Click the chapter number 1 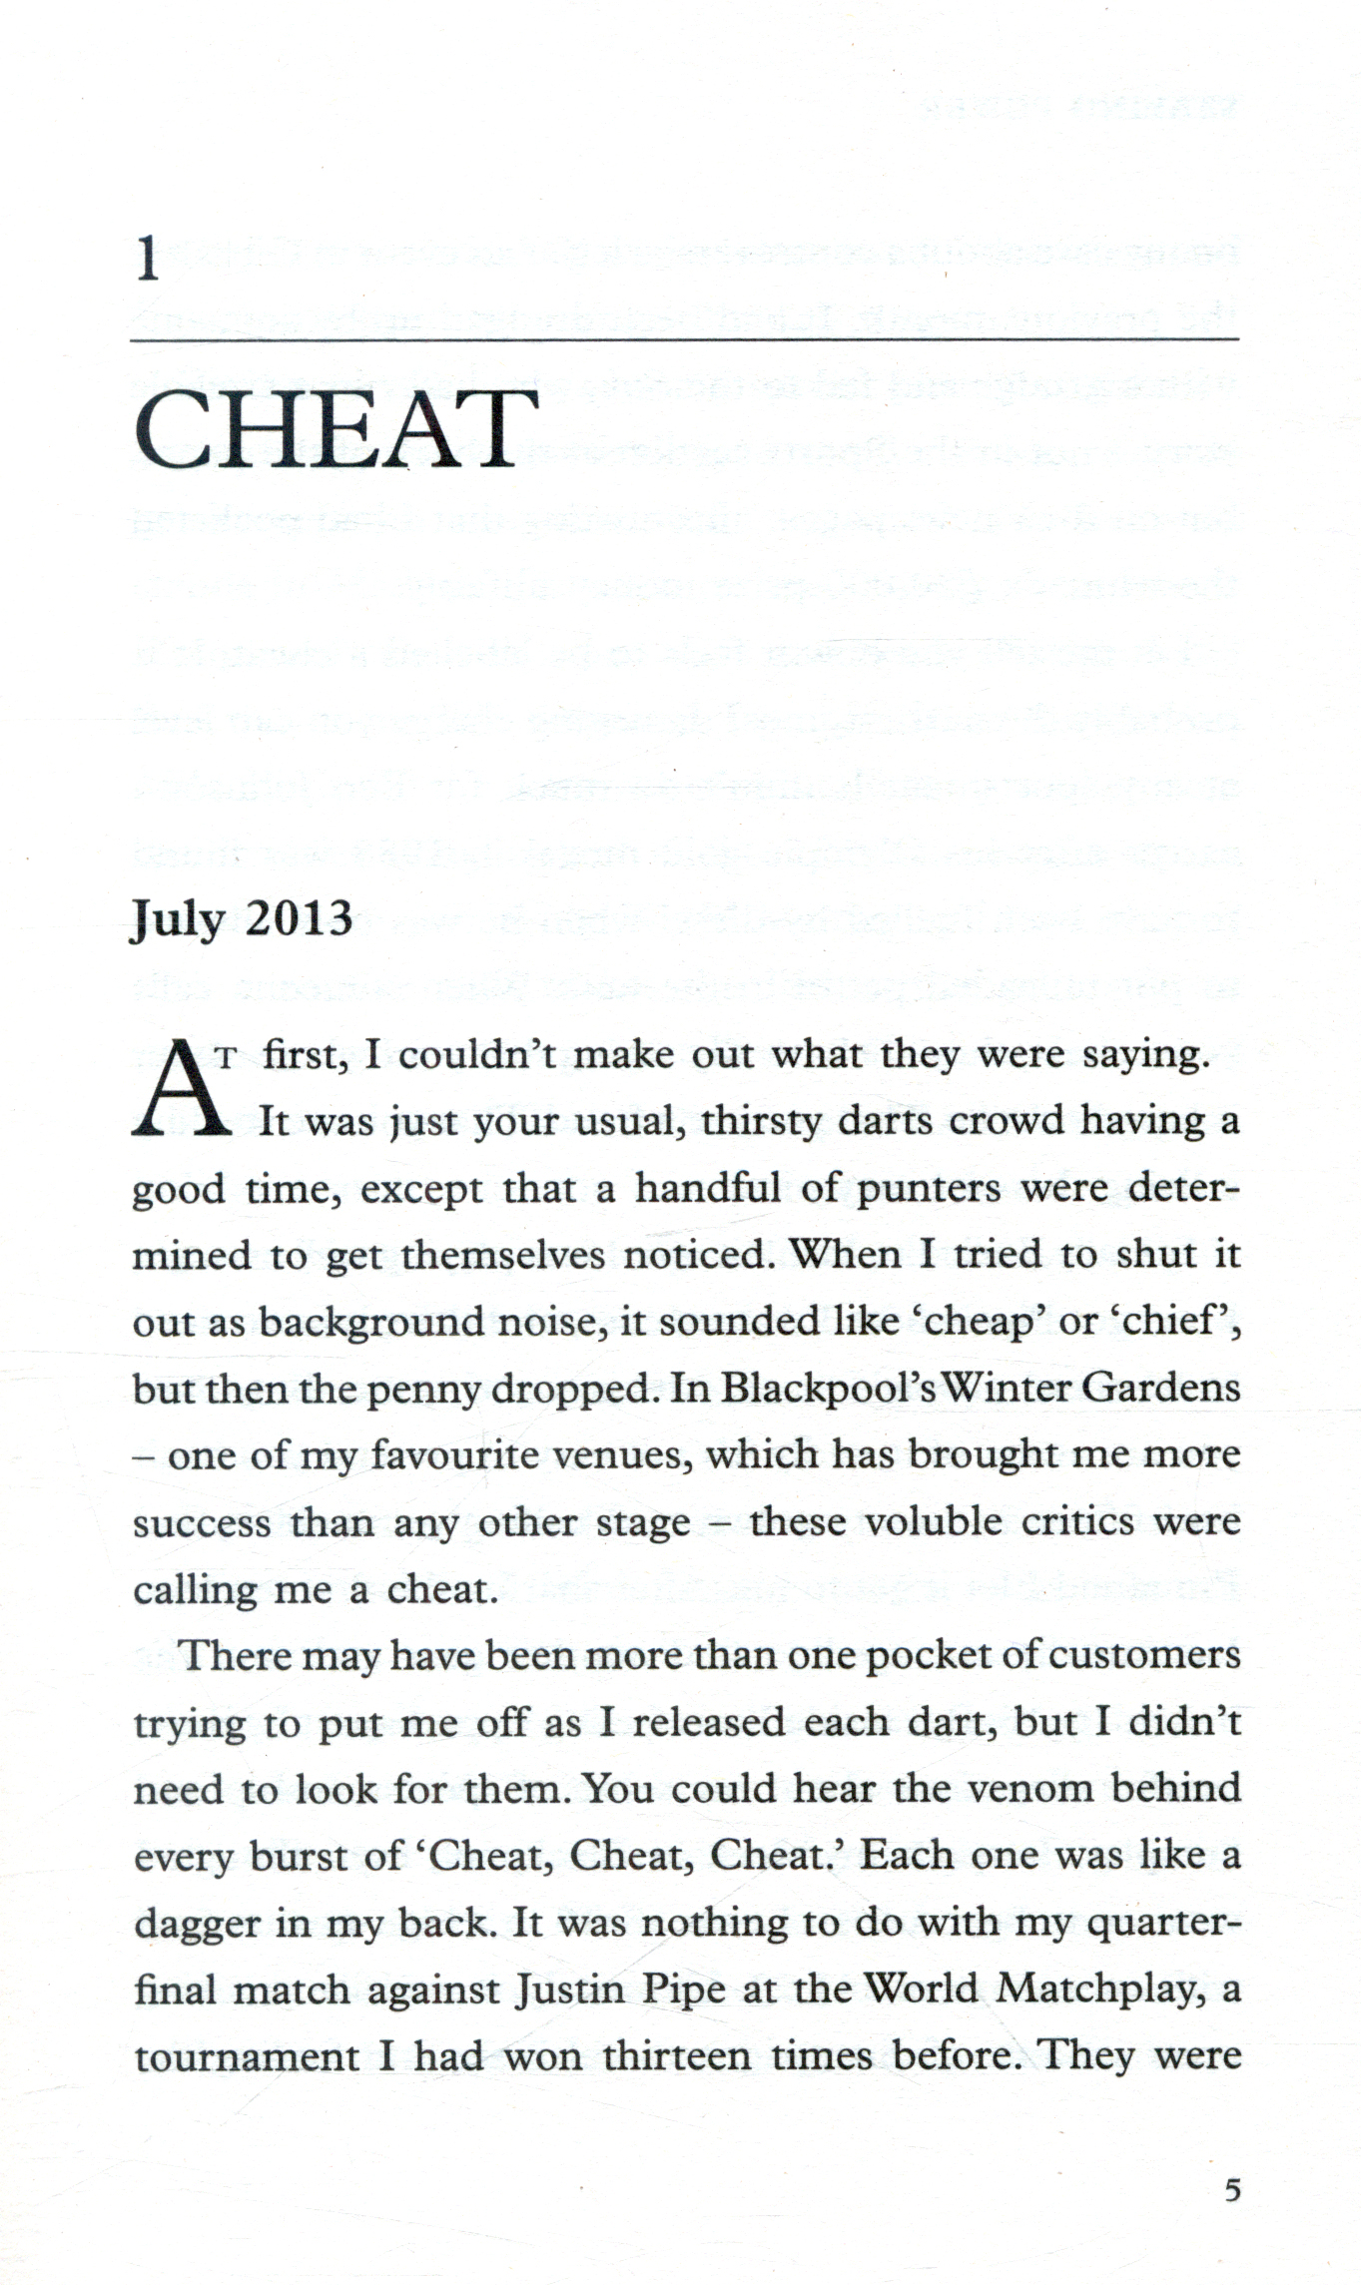(x=148, y=262)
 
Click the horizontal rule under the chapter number (x=684, y=339)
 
